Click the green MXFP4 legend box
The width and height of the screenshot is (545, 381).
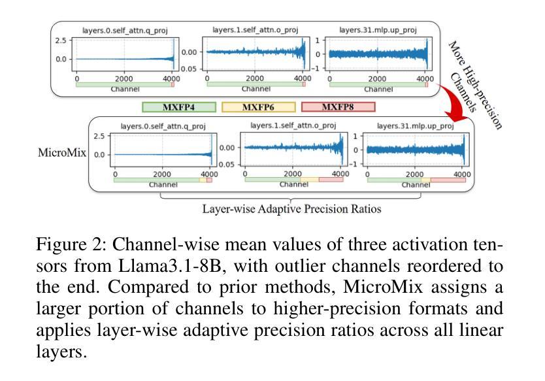[179, 107]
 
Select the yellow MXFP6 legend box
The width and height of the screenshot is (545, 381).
[259, 107]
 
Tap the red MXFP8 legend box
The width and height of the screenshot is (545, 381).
[339, 107]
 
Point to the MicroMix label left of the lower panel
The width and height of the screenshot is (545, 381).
[62, 152]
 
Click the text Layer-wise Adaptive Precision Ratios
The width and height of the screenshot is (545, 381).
[291, 209]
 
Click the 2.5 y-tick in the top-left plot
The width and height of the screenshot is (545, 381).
[61, 41]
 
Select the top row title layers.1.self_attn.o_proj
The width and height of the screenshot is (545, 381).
[256, 30]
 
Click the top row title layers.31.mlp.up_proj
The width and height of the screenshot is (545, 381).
[378, 30]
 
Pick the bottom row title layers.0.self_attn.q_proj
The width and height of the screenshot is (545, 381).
[163, 126]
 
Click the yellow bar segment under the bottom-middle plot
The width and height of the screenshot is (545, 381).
[309, 179]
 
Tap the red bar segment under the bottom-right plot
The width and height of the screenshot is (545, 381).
[448, 180]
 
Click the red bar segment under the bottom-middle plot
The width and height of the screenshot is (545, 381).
[331, 179]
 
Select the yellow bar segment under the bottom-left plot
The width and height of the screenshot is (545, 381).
[203, 180]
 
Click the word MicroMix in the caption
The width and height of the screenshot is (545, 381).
[383, 288]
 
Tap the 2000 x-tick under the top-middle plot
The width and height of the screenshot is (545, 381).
[255, 78]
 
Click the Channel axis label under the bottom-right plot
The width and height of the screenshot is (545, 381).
[416, 184]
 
